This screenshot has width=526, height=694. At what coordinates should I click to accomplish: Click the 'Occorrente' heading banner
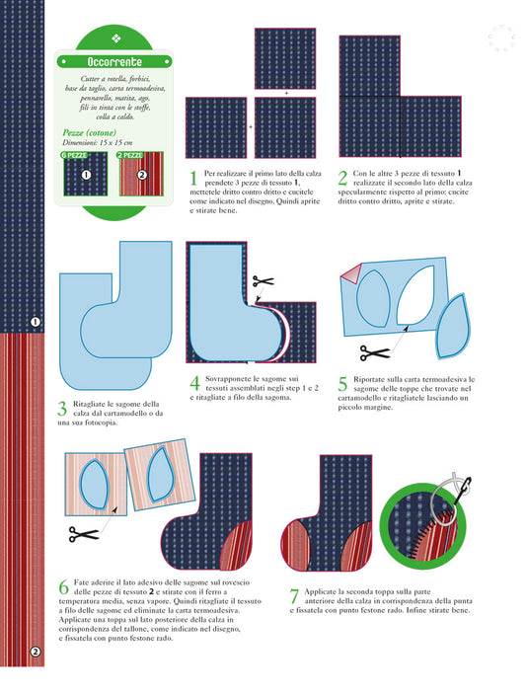(114, 61)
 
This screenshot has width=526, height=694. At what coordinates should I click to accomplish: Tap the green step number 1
(193, 178)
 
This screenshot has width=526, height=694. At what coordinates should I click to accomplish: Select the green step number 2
(342, 178)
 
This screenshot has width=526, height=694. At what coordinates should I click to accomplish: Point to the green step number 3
(63, 409)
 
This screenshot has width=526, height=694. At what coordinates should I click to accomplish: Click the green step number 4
(194, 383)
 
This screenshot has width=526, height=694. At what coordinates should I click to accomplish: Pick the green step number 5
(342, 384)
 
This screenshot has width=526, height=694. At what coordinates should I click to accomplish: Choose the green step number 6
(64, 587)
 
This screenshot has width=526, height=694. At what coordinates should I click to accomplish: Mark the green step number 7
(294, 596)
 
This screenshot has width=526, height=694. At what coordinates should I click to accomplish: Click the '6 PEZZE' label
(74, 155)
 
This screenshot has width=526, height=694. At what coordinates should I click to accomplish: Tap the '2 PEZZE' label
(130, 155)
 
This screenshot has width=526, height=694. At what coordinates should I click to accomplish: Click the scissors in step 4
(263, 280)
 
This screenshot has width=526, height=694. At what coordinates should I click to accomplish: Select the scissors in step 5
(375, 352)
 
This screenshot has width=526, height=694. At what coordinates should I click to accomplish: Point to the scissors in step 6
(84, 534)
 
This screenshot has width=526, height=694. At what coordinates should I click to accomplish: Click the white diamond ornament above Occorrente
(115, 39)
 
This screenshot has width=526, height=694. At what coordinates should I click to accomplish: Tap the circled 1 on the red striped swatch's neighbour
(86, 175)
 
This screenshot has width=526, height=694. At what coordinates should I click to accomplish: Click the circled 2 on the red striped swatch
(141, 175)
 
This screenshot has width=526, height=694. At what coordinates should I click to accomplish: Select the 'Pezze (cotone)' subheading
(90, 133)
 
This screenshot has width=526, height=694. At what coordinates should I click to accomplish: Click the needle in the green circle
(461, 491)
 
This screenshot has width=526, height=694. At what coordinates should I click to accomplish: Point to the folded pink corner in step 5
(350, 273)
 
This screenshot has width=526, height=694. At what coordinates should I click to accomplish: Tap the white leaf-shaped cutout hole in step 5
(414, 295)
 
